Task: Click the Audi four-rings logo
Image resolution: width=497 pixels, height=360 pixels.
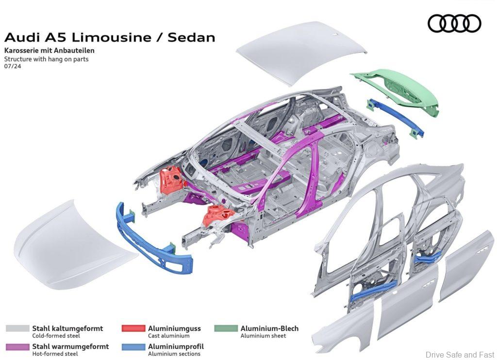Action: click(x=454, y=23)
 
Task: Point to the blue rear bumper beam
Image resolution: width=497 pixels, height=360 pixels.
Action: click(x=396, y=118)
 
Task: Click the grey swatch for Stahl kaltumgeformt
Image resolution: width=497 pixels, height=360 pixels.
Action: click(x=17, y=328)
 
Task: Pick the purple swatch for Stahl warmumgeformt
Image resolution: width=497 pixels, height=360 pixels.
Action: click(x=17, y=347)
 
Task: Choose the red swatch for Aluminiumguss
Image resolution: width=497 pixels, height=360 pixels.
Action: click(x=133, y=328)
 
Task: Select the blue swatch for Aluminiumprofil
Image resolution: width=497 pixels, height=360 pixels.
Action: click(x=133, y=347)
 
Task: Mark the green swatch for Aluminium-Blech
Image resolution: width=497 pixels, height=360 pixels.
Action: click(x=226, y=328)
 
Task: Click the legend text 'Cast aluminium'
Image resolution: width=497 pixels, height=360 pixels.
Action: click(x=168, y=336)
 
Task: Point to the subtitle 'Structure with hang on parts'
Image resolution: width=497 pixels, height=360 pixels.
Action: click(x=47, y=59)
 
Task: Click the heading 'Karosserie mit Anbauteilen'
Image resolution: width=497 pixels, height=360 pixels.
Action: click(x=49, y=50)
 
